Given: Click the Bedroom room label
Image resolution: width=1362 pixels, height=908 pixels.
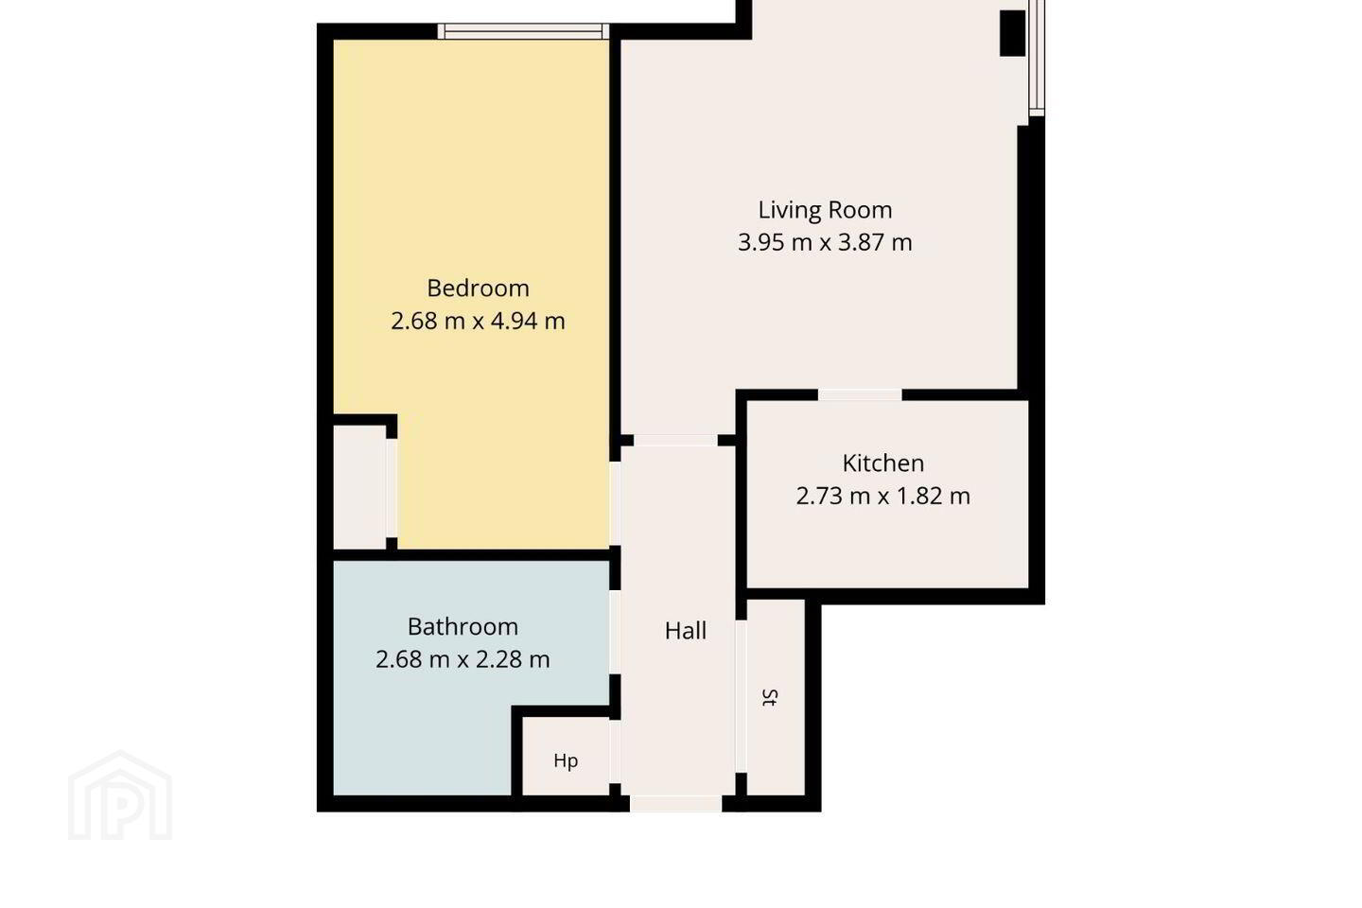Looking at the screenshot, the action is click(478, 288).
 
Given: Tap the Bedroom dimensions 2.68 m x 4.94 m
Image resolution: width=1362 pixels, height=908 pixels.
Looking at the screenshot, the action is click(478, 322).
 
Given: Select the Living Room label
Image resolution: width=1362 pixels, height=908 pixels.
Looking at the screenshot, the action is click(825, 210).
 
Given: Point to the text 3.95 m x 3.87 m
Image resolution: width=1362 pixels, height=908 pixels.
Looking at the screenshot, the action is click(825, 243).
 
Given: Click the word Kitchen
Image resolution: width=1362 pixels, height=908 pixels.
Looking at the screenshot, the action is click(883, 463).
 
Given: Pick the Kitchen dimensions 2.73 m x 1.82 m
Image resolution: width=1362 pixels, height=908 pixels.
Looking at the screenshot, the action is click(883, 497).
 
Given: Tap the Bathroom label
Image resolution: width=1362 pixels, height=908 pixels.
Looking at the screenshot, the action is click(463, 627).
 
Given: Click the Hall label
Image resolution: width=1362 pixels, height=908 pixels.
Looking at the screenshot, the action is click(686, 631).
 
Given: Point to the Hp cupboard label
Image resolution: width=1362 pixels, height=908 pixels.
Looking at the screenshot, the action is click(566, 760).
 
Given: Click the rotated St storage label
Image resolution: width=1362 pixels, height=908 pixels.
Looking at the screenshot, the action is click(770, 698).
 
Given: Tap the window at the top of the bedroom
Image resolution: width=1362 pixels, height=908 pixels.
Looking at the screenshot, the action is click(523, 31).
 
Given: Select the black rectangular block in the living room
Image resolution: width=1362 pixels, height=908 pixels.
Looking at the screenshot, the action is click(1012, 33).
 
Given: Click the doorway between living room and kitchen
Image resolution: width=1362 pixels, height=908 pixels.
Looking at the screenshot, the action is click(860, 395).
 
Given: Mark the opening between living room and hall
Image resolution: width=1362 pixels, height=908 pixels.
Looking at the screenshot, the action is click(675, 441).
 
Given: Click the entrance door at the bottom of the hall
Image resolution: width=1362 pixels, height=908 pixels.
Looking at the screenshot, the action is click(675, 803).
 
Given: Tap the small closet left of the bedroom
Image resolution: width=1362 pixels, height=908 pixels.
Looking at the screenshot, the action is click(359, 487).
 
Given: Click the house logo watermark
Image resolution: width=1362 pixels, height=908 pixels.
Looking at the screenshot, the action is click(120, 795).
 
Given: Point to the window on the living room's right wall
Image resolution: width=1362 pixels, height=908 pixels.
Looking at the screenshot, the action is click(1037, 58).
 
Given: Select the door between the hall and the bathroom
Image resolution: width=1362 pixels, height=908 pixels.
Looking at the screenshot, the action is click(616, 632).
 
